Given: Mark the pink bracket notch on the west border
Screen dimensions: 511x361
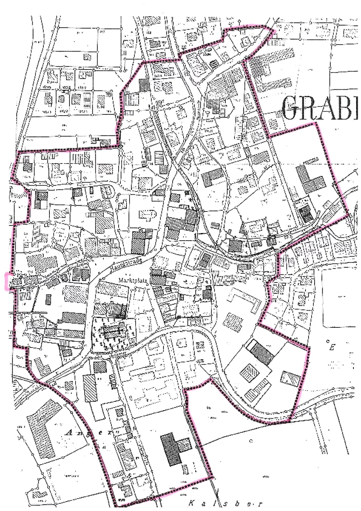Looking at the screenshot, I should tap(7, 281).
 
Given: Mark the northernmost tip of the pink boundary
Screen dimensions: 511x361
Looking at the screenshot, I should tap(262, 25).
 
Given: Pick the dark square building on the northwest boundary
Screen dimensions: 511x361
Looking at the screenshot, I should tap(144, 84).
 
